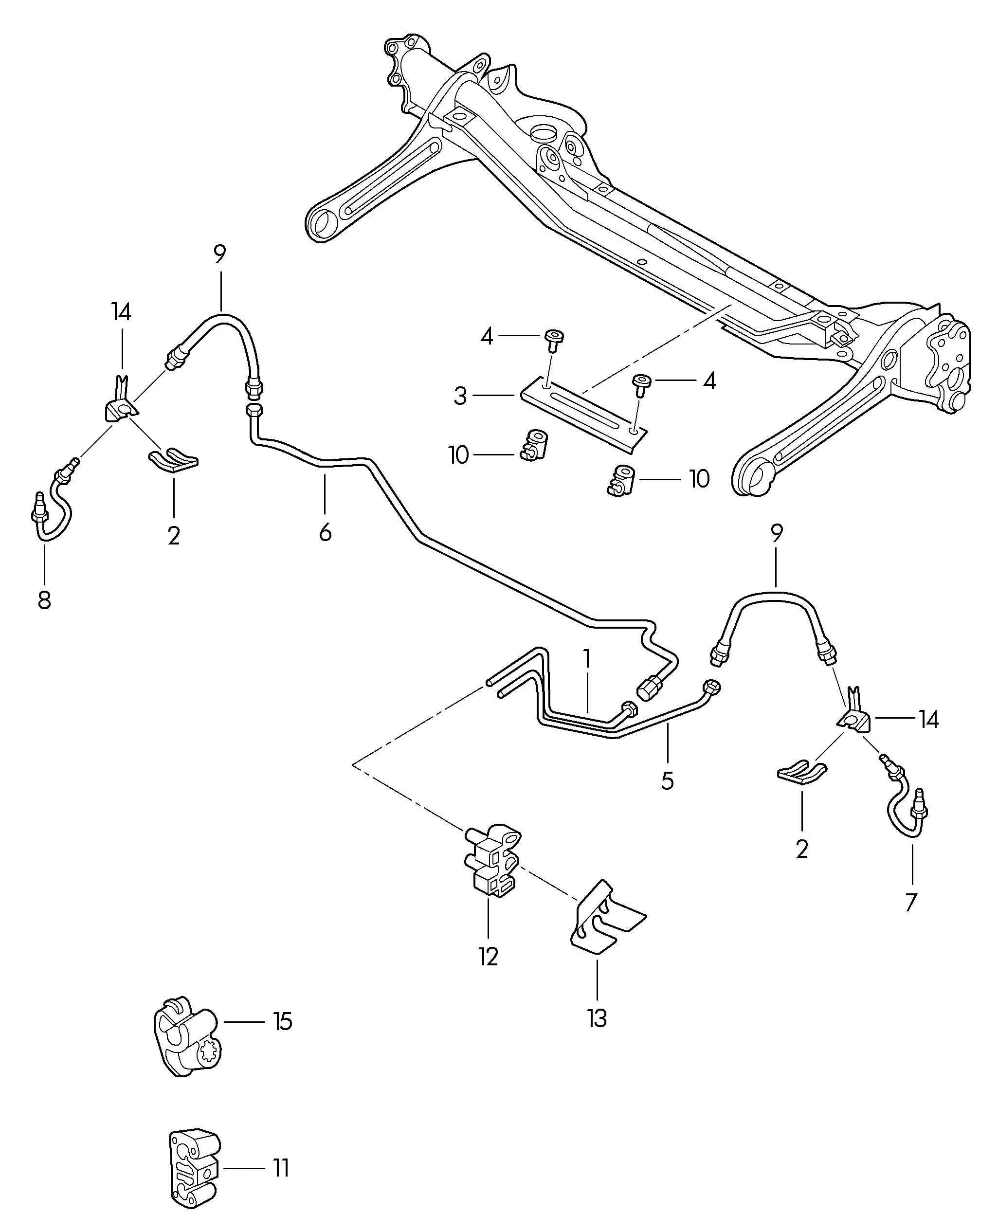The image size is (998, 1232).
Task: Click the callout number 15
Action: [282, 1022]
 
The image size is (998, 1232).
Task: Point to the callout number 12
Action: [488, 956]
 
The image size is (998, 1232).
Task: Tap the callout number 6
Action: [326, 533]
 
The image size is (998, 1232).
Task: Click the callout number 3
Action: [460, 396]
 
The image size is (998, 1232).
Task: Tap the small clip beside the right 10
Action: [620, 481]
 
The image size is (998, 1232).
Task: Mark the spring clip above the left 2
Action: [174, 460]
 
